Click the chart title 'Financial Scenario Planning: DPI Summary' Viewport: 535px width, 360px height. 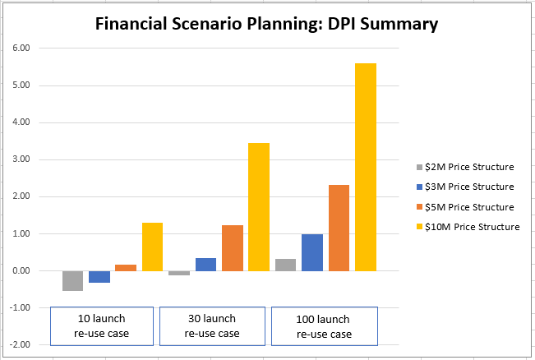(266, 25)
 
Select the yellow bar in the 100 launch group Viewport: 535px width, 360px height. (365, 167)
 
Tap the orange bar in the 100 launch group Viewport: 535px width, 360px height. (339, 228)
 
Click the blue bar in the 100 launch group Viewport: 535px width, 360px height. (312, 252)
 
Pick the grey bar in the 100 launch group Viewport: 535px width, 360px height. (286, 265)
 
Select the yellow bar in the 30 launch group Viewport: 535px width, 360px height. (259, 207)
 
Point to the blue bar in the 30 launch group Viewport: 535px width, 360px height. (206, 265)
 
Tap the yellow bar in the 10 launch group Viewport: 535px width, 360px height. (152, 247)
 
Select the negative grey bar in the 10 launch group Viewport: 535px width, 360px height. (72, 280)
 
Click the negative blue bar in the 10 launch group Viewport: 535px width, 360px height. (99, 277)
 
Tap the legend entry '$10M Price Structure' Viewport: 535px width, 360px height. (470, 227)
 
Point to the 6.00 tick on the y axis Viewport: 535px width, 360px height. (21, 48)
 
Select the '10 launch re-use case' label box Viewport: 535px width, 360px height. (102, 325)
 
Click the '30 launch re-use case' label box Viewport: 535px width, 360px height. (211, 325)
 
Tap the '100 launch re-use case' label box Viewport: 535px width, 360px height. (324, 325)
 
